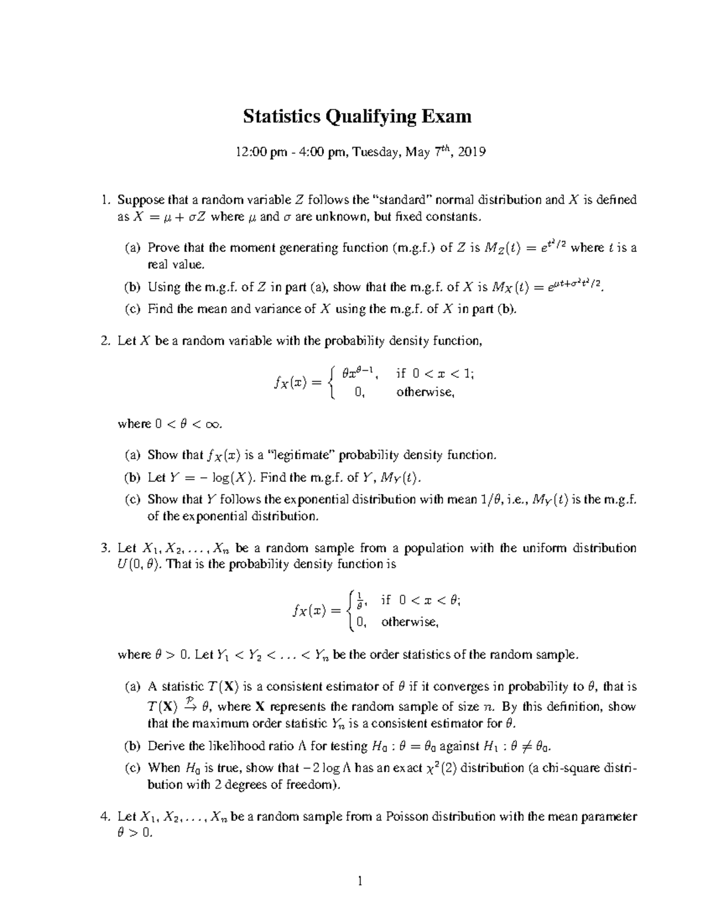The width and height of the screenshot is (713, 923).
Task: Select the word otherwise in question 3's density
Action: click(x=410, y=622)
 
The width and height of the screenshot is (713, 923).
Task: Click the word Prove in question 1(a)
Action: click(x=163, y=248)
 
